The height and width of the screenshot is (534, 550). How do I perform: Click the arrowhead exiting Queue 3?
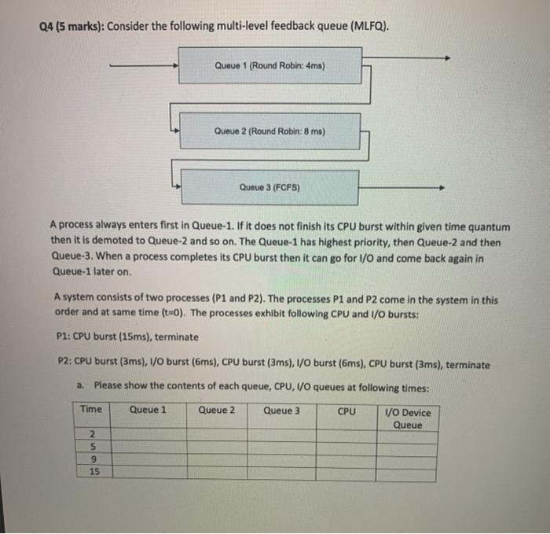445,188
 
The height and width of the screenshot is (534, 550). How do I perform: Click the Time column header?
91,410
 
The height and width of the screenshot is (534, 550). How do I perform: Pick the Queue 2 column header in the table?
217,410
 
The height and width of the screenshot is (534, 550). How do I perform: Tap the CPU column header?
346,411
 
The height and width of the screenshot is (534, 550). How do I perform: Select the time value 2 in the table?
93,435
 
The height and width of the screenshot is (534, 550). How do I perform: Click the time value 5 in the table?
93,447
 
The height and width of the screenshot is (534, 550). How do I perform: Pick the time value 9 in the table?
93,460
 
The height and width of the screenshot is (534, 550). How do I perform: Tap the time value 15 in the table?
94,473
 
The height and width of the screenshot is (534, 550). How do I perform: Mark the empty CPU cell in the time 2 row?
346,435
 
